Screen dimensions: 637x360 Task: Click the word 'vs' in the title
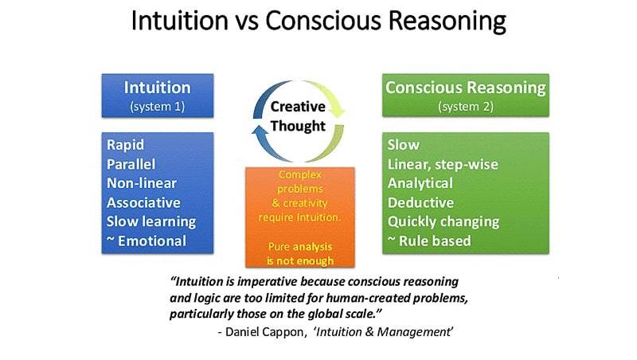click(x=246, y=22)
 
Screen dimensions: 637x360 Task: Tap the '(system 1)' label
click(x=157, y=107)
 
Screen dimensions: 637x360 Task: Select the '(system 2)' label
click(x=466, y=107)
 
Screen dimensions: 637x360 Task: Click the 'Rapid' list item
click(x=125, y=145)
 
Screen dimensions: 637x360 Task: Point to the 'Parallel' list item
click(x=131, y=164)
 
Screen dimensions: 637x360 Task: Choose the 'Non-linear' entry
click(x=142, y=183)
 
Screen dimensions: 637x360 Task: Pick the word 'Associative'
click(x=143, y=202)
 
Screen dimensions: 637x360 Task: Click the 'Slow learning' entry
click(x=151, y=222)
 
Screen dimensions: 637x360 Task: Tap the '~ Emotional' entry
click(x=147, y=241)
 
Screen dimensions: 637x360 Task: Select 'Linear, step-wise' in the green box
click(x=443, y=165)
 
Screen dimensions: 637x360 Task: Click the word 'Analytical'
click(x=420, y=183)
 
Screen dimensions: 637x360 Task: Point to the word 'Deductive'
click(x=420, y=202)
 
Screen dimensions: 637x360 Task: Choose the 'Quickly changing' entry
click(x=444, y=222)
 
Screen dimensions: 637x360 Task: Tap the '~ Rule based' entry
click(x=429, y=241)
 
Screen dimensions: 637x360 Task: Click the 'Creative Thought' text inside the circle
click(x=298, y=116)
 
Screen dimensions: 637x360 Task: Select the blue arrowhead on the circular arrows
click(x=260, y=130)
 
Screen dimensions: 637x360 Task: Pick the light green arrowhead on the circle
click(x=337, y=110)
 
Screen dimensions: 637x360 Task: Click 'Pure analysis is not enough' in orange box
click(x=300, y=253)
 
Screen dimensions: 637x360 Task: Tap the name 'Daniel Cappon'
click(x=264, y=332)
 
